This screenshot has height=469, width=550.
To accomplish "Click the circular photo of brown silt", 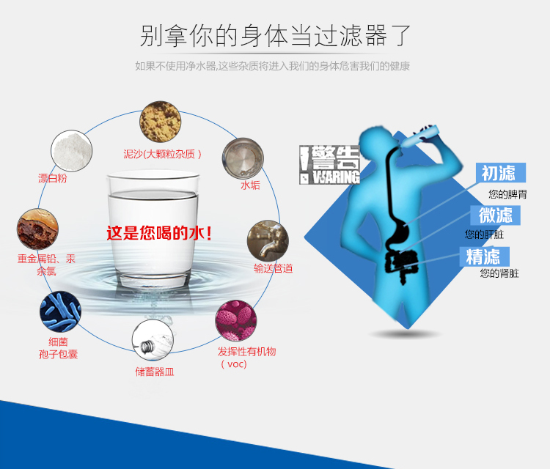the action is (161, 122).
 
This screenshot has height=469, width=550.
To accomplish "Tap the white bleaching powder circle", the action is (72, 151).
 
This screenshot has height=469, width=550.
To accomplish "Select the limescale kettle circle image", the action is (243, 158).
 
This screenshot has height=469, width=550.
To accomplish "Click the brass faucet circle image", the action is (268, 241).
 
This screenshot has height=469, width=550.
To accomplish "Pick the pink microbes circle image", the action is (235, 320).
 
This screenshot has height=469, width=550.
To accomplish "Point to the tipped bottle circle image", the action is (153, 340).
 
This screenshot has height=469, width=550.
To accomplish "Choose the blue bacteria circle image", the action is (60, 311).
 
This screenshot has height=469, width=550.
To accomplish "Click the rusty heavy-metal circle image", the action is (37, 229).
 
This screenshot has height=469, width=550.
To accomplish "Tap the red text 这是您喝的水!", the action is (160, 233).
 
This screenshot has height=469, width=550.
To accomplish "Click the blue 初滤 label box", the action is (501, 172).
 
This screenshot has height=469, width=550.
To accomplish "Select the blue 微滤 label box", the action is (495, 215).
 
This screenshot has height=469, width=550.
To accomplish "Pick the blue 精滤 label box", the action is (485, 256).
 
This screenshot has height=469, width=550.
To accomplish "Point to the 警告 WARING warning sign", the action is (329, 165).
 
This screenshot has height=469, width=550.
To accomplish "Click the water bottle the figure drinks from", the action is (419, 136).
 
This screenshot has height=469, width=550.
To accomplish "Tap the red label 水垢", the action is (250, 185).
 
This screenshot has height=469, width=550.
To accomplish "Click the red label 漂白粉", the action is (52, 178).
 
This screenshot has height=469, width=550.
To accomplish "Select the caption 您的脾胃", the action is (507, 194).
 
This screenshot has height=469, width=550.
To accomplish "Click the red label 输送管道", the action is (274, 268).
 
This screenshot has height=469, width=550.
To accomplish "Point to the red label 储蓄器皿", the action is (155, 372).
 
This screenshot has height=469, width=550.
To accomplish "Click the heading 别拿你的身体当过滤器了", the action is (275, 35).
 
